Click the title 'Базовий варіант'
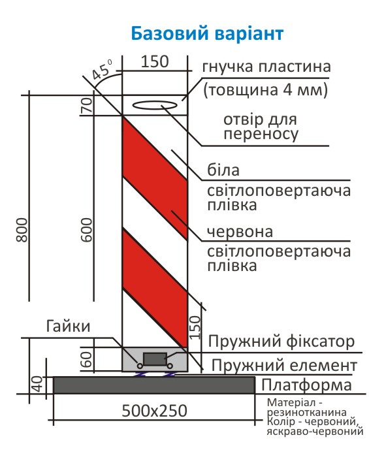(x=207, y=33)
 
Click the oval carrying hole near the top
(x=155, y=105)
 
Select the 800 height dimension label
(x=22, y=230)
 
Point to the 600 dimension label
(x=87, y=230)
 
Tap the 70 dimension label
(x=87, y=105)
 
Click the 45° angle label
(x=101, y=70)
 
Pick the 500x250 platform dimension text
(x=154, y=411)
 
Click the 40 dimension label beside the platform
(x=37, y=384)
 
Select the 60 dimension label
(x=87, y=359)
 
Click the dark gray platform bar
(x=154, y=385)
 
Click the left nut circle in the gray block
(x=140, y=366)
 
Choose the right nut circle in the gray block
(x=170, y=366)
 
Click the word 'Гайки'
(x=68, y=326)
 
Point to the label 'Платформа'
(x=306, y=385)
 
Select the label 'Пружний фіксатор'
(x=281, y=342)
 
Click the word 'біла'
(x=223, y=170)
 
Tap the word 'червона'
(x=240, y=232)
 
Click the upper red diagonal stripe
(x=155, y=178)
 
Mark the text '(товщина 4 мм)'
(x=266, y=90)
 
